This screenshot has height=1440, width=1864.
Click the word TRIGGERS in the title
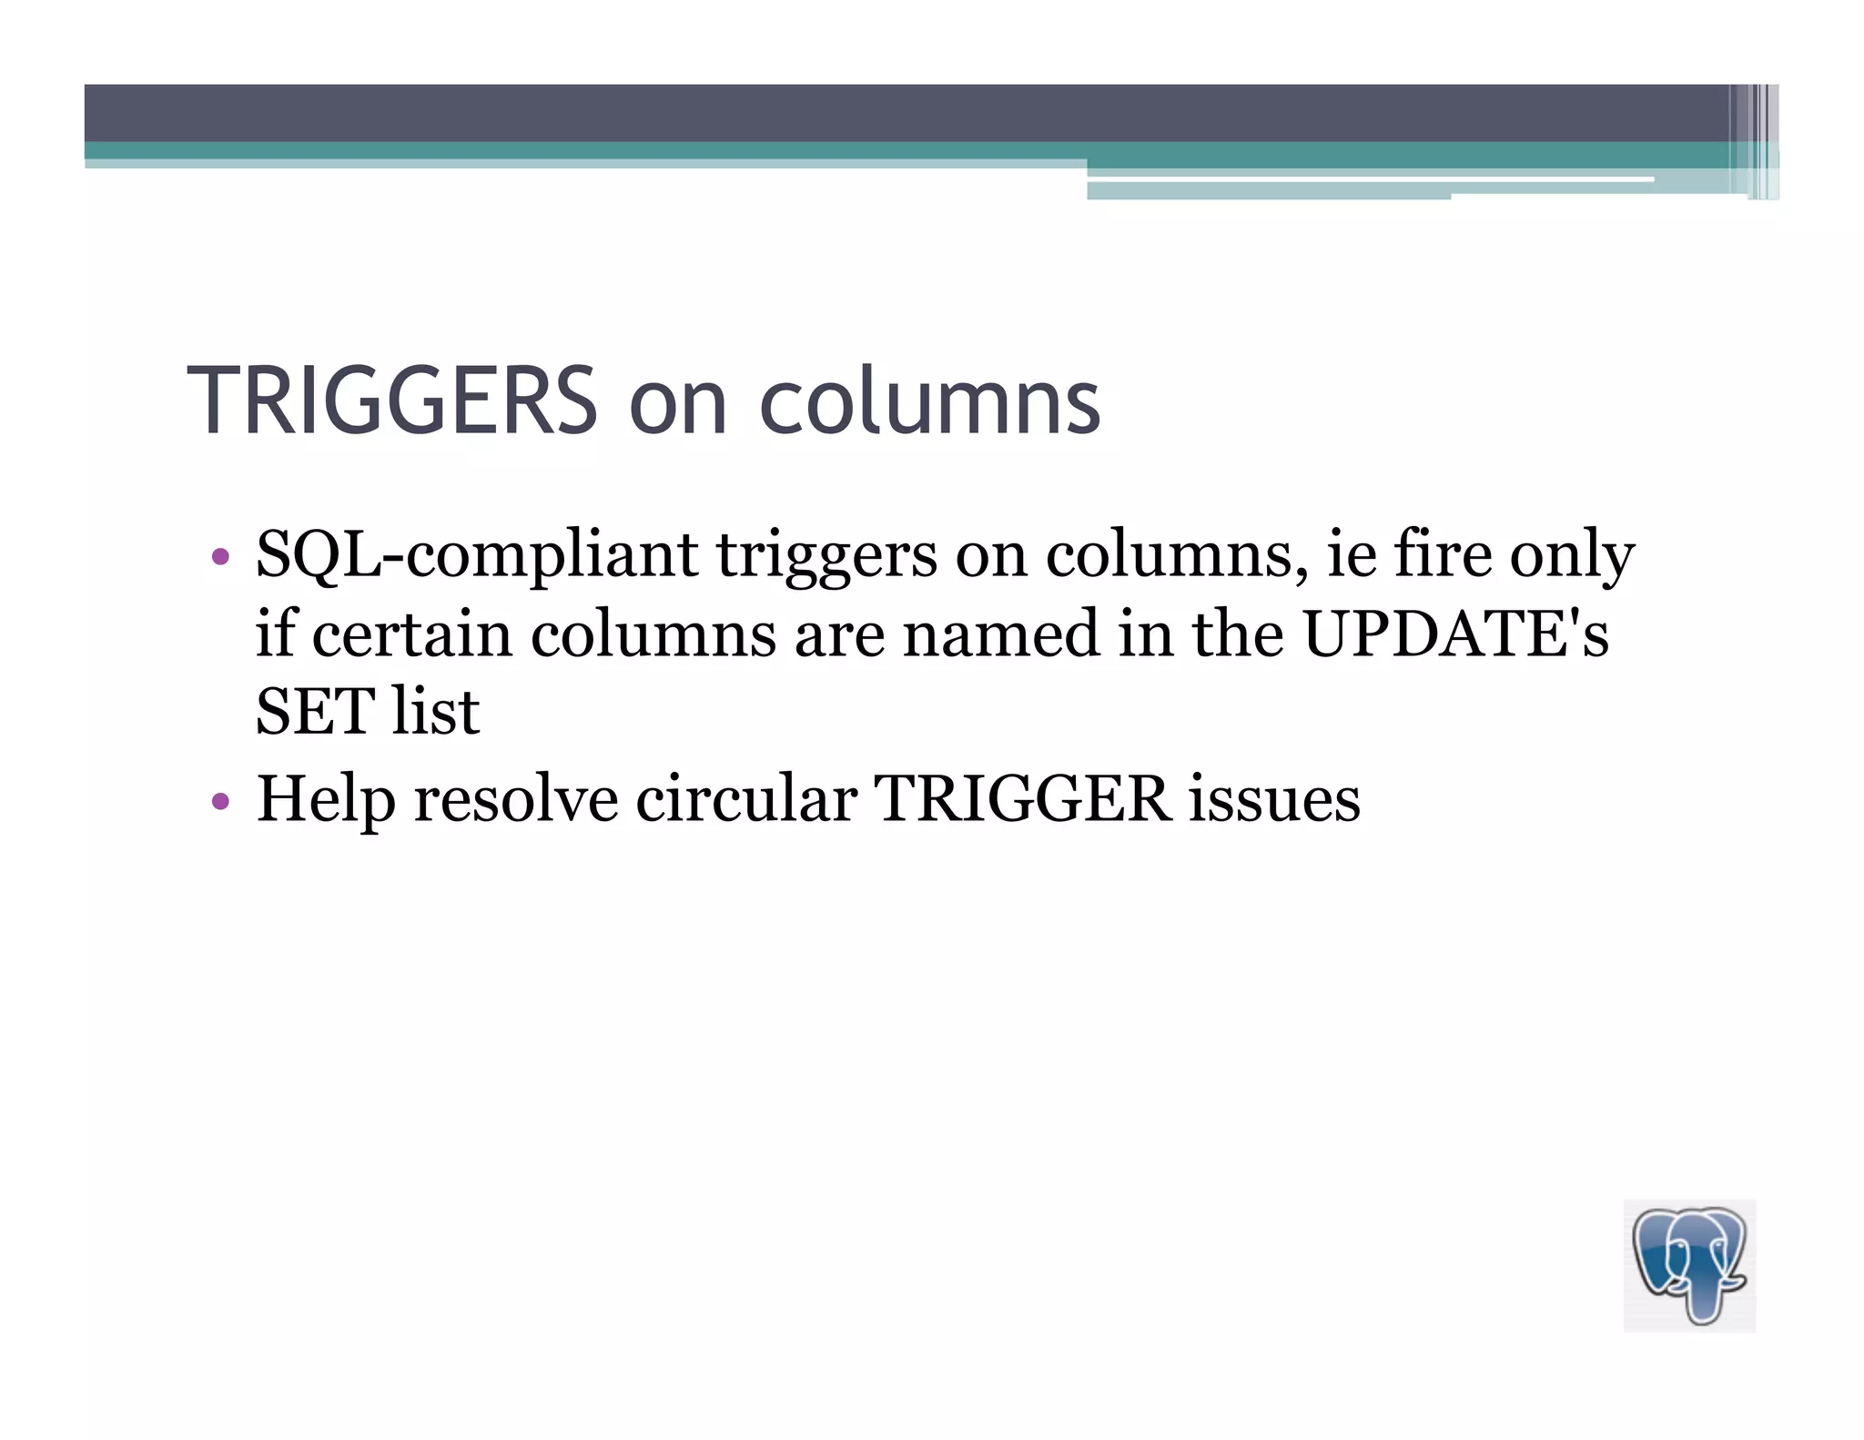click(x=391, y=401)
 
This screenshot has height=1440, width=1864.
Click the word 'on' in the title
click(x=678, y=405)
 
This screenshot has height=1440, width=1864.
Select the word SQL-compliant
click(x=476, y=555)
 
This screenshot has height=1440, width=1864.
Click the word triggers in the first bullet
click(x=826, y=557)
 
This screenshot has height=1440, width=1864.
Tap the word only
click(x=1572, y=557)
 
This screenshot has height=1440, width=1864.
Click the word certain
click(x=411, y=634)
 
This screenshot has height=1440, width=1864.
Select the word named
click(x=1000, y=634)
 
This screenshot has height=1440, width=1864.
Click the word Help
click(x=326, y=799)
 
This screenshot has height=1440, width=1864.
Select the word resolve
click(x=515, y=799)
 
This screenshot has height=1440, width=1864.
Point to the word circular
click(x=745, y=799)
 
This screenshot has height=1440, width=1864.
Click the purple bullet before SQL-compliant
click(x=219, y=556)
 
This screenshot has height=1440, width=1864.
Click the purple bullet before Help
click(x=219, y=801)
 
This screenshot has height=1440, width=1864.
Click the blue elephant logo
click(x=1689, y=1265)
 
